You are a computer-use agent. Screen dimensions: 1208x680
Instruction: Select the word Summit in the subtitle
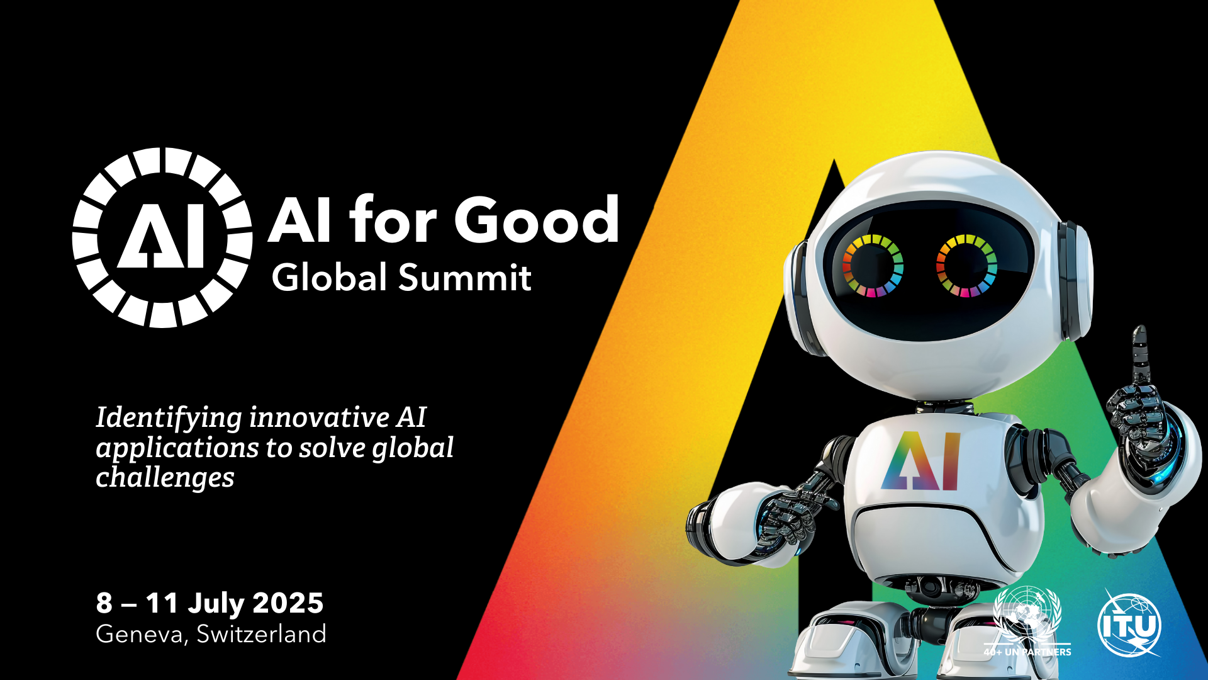[x=465, y=277]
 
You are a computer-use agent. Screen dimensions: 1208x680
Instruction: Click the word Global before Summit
[x=329, y=277]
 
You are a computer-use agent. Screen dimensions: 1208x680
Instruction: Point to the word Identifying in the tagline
[x=169, y=419]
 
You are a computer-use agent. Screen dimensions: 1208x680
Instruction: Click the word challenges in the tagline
[x=165, y=477]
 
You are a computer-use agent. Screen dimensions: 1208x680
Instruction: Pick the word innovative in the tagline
[x=320, y=417]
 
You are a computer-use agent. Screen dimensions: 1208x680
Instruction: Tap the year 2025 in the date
[x=288, y=603]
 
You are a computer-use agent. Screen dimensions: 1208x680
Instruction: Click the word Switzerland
[x=261, y=633]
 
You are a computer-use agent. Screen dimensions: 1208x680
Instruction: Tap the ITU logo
[x=1130, y=623]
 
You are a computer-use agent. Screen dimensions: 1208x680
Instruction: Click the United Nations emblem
[x=1027, y=614]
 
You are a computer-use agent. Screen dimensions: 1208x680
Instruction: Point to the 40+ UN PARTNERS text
[x=1027, y=652]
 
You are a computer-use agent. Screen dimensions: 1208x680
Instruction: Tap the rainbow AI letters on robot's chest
[x=920, y=461]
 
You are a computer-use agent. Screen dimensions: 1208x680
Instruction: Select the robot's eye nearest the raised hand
[x=966, y=265]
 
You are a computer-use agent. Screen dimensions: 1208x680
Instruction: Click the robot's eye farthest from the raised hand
[x=873, y=266]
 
